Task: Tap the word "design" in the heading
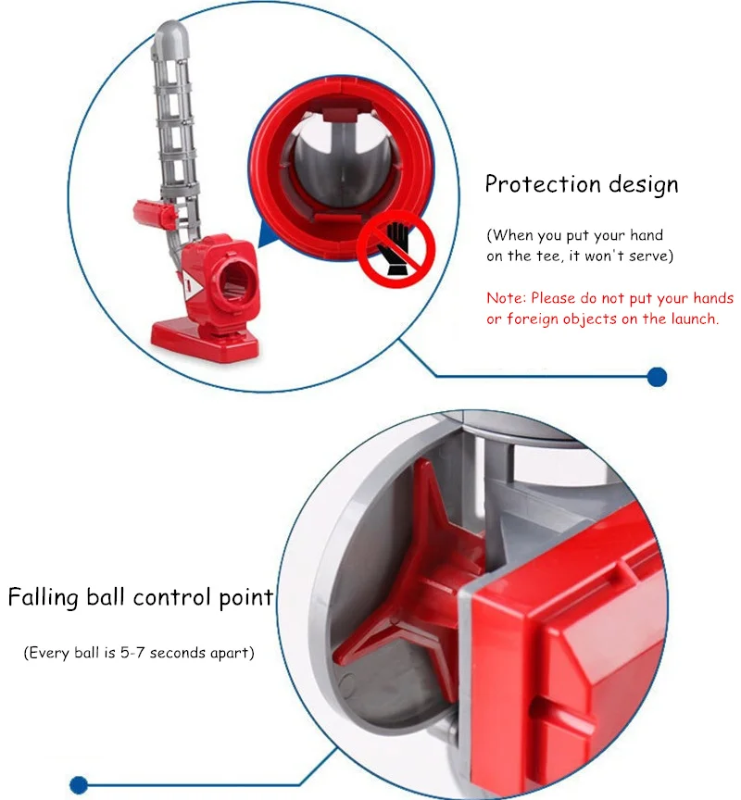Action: (644, 184)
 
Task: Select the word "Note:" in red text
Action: (507, 298)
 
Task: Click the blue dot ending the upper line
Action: (657, 376)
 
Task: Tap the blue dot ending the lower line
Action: (79, 784)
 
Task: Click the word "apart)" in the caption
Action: (233, 653)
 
